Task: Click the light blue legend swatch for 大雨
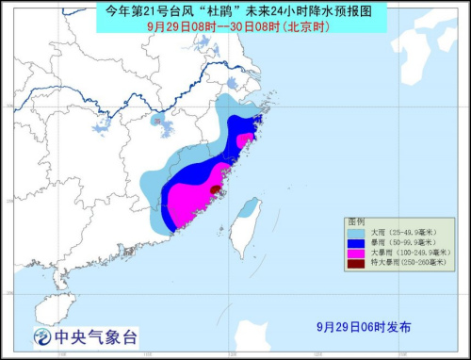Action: point(355,231)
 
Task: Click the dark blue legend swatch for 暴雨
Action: point(355,242)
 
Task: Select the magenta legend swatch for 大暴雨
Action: point(355,254)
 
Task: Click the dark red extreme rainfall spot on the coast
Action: point(216,190)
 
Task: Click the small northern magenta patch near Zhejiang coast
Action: point(247,140)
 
